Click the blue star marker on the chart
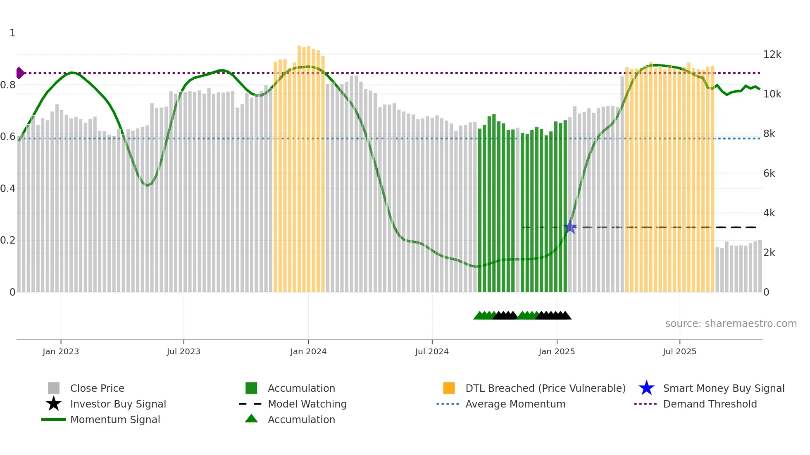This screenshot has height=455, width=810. [570, 227]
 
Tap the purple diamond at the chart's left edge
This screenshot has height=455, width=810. [20, 73]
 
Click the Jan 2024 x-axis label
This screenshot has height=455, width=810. [308, 351]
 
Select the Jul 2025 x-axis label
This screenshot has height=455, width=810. [679, 351]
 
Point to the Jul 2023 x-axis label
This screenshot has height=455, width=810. [183, 351]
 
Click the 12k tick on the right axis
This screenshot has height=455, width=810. [772, 55]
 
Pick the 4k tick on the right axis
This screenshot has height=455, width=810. [769, 213]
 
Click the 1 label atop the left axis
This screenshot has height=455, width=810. [12, 33]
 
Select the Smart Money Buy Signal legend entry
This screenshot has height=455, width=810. [723, 388]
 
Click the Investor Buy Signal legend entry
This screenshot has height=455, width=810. [118, 404]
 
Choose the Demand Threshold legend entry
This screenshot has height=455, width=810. [710, 404]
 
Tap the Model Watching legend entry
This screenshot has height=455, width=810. [307, 404]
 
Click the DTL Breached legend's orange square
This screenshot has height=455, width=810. [449, 388]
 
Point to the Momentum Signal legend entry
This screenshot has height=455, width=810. [115, 419]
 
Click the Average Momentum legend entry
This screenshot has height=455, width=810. [515, 404]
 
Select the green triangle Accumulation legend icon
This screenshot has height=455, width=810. [251, 419]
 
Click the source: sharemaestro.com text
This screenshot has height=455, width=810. [731, 324]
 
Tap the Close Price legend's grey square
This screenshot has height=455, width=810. [54, 388]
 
